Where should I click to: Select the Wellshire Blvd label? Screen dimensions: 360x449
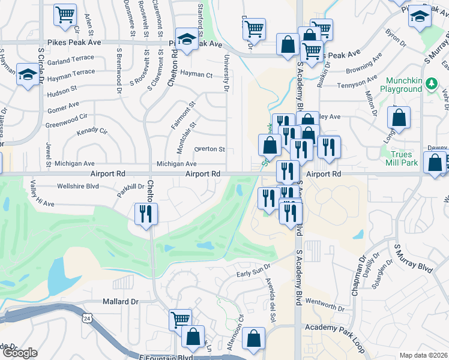click(77, 186)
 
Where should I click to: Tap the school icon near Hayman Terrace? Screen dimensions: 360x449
click(27, 74)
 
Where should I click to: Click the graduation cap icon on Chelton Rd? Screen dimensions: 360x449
click(187, 39)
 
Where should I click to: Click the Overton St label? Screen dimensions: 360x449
click(209, 149)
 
